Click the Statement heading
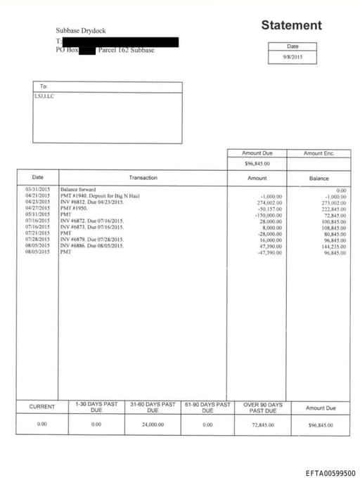coord(291,26)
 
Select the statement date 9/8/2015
coord(292,57)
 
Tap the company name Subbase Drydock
coord(81,31)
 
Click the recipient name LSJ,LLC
coord(45,96)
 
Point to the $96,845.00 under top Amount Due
coord(257,163)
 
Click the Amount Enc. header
coord(319,153)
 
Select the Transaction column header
coord(143,178)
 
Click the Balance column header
coord(319,178)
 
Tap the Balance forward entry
coord(78,190)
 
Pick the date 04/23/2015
coord(37,202)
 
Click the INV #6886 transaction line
coord(91,246)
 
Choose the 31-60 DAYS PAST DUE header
coord(153,407)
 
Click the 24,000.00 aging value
coord(153,424)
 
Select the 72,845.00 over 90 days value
coord(263,424)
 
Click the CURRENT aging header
coord(42,407)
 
